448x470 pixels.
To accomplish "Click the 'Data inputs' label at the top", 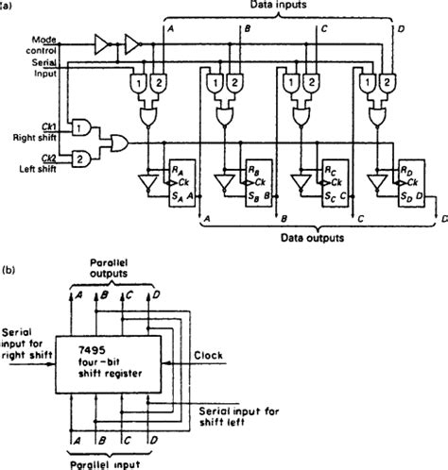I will pos(283,7).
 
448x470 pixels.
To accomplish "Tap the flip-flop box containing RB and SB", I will pos(255,179).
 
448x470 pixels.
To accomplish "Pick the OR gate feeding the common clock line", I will pos(118,143).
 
